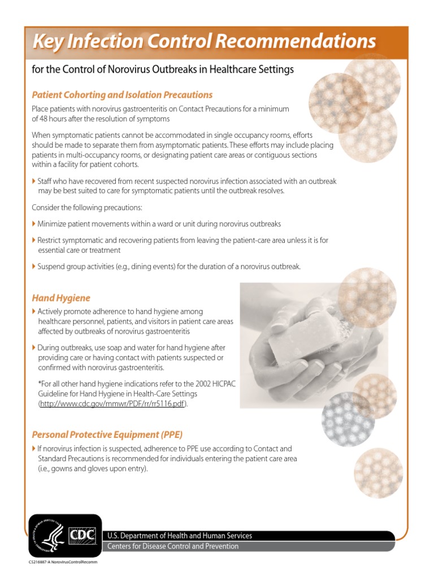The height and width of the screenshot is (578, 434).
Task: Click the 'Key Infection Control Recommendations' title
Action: (x=204, y=41)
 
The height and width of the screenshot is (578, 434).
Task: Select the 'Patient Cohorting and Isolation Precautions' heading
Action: (x=122, y=94)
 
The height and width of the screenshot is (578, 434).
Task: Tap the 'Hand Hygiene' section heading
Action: (x=61, y=297)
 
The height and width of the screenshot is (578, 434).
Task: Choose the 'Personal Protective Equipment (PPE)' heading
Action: (x=107, y=435)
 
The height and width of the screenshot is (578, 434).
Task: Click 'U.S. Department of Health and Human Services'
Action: (x=180, y=536)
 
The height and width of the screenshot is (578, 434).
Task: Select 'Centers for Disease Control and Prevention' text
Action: (x=173, y=546)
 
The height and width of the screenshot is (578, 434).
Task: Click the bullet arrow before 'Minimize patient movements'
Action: (x=34, y=224)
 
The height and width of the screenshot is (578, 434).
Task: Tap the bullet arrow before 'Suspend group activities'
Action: (x=34, y=266)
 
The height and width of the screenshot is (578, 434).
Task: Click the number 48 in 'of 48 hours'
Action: (x=46, y=119)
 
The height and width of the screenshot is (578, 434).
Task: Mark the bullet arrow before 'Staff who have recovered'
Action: (x=34, y=181)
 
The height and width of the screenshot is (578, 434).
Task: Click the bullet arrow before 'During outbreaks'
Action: (x=34, y=347)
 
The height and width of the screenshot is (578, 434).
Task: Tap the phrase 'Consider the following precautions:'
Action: (x=87, y=208)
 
